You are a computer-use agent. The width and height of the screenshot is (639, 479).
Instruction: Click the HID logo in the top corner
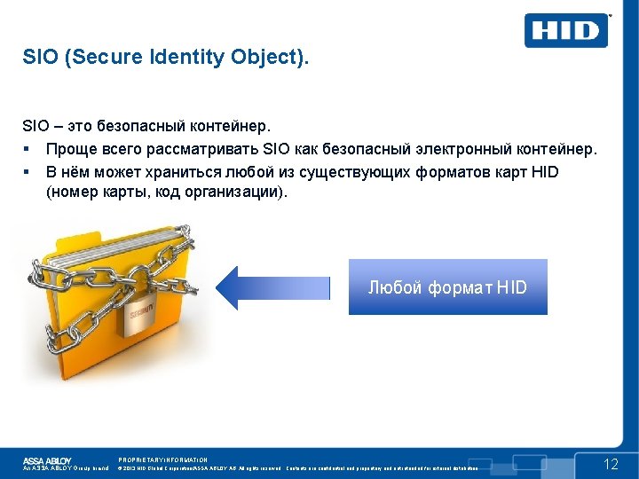pyautogui.click(x=567, y=31)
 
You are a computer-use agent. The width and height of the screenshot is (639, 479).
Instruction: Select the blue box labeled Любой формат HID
pyautogui.click(x=447, y=287)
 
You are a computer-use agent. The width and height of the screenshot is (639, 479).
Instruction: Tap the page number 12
pyautogui.click(x=611, y=465)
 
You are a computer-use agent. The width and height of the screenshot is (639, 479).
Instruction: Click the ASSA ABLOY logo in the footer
pyautogui.click(x=47, y=460)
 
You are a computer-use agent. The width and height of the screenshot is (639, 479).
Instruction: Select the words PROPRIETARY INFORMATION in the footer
pyautogui.click(x=162, y=459)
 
